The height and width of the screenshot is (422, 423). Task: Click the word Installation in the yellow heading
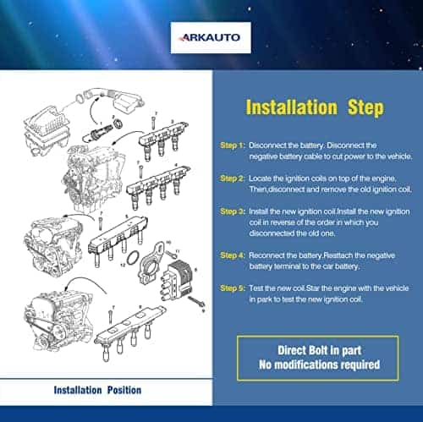pyautogui.click(x=285, y=108)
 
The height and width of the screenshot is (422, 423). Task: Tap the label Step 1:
pyautogui.click(x=232, y=145)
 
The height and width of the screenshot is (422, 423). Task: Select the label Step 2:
pyautogui.click(x=232, y=178)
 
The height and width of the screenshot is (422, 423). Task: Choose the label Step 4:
pyautogui.click(x=232, y=255)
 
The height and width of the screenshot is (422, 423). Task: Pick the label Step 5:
pyautogui.click(x=232, y=288)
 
